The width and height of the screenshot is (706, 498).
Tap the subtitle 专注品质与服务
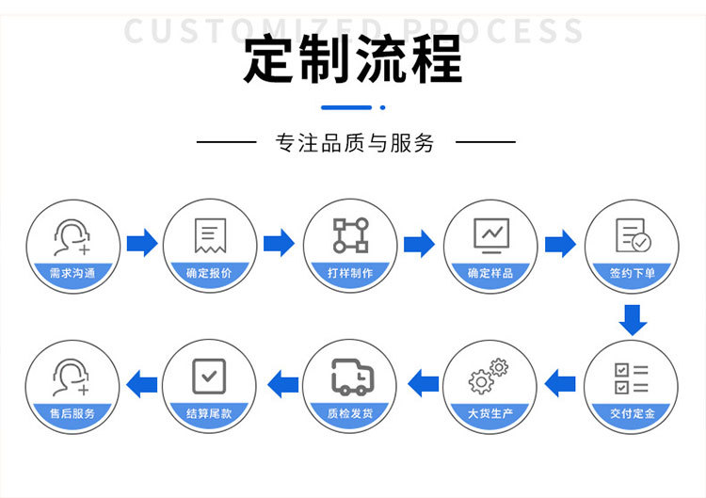click(x=354, y=143)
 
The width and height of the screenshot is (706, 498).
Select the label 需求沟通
click(x=72, y=273)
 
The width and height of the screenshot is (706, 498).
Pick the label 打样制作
click(x=350, y=273)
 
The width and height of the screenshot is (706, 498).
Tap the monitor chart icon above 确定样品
click(x=490, y=235)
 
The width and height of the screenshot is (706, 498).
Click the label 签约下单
click(x=632, y=273)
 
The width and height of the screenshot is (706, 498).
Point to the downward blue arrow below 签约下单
click(x=633, y=320)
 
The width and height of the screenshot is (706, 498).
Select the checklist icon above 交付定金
click(x=631, y=378)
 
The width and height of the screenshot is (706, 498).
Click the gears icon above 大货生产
click(x=489, y=377)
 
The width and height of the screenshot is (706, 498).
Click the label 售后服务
click(x=72, y=413)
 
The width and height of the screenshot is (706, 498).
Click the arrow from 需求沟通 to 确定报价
click(x=142, y=244)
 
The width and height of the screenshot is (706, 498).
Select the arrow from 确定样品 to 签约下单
click(x=560, y=244)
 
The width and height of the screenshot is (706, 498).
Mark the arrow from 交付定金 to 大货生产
click(x=560, y=383)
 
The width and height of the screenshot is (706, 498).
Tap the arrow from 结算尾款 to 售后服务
click(x=142, y=383)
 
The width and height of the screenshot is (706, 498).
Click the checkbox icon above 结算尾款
click(x=209, y=376)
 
